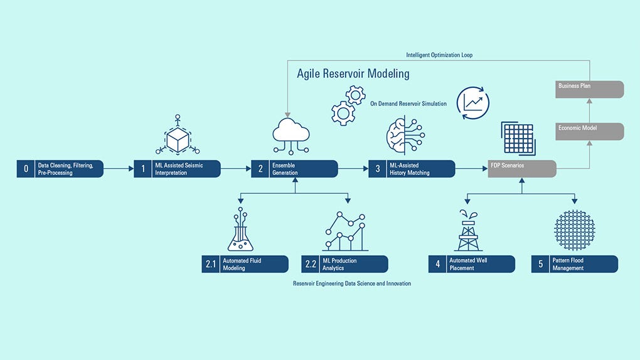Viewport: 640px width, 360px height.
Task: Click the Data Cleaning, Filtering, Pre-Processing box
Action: pyautogui.click(x=60, y=169)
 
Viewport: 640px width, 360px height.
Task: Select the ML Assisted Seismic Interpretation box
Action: pyautogui.click(x=178, y=169)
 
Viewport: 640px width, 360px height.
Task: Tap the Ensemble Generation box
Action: pyautogui.click(x=295, y=169)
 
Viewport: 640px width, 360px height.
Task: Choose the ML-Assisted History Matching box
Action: pyautogui.click(x=412, y=169)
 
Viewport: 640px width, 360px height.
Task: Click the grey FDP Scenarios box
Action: pyautogui.click(x=522, y=169)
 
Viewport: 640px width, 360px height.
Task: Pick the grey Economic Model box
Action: pyautogui.click(x=590, y=131)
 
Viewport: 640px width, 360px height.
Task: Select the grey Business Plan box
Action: pyautogui.click(x=590, y=89)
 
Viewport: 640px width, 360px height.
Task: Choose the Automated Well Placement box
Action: pyautogui.click(x=472, y=264)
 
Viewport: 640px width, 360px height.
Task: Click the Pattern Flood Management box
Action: pyautogui.click(x=575, y=264)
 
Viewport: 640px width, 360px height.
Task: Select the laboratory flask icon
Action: pyautogui.click(x=240, y=230)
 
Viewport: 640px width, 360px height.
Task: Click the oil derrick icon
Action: pyautogui.click(x=467, y=231)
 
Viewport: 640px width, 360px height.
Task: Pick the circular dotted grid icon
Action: pyautogui.click(x=574, y=230)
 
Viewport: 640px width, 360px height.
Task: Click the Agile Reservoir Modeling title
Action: pyautogui.click(x=353, y=74)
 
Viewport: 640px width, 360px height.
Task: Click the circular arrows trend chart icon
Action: pyautogui.click(x=472, y=103)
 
